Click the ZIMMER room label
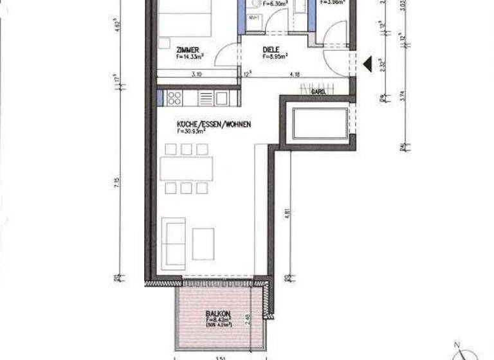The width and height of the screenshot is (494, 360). (x=187, y=50)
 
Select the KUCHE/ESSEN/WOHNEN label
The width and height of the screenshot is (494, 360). (x=214, y=123)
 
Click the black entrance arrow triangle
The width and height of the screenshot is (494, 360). (x=368, y=63)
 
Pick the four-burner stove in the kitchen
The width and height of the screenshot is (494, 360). (x=174, y=98)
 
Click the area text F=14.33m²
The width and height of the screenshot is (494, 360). (x=188, y=57)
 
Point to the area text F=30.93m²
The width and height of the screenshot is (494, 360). (x=191, y=130)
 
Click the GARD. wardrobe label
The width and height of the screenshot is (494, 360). (x=317, y=92)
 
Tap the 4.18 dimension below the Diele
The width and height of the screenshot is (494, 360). (x=295, y=75)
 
